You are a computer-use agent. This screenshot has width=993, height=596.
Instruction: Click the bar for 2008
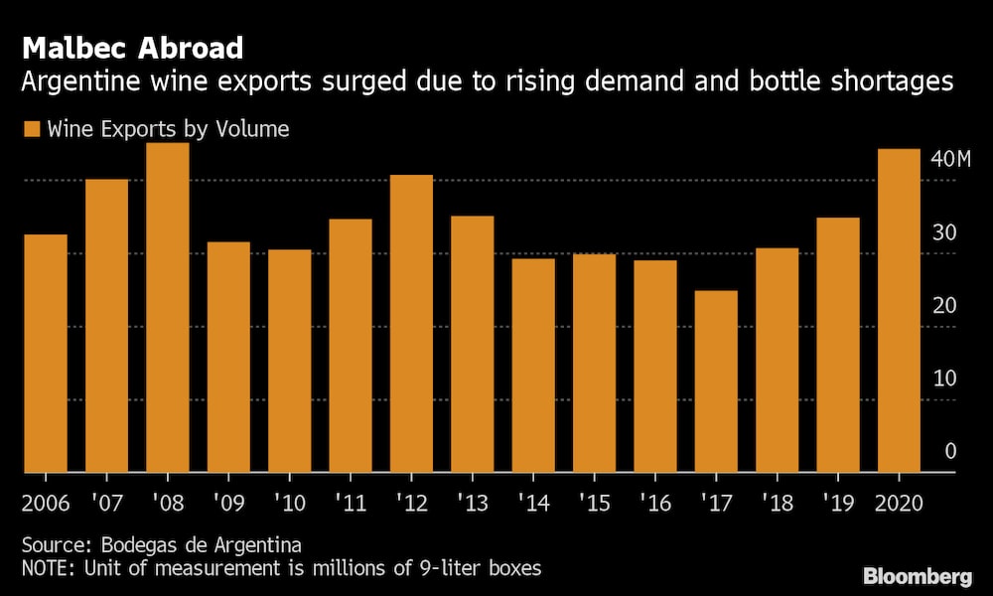coord(168,308)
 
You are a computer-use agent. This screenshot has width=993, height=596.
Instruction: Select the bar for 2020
coord(900,311)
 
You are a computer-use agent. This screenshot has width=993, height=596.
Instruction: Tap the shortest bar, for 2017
coord(716,382)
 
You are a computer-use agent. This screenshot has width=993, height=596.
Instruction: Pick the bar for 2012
coord(411,324)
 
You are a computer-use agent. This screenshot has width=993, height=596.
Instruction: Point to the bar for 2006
coord(46,354)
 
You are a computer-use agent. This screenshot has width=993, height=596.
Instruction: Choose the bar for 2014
coord(533,366)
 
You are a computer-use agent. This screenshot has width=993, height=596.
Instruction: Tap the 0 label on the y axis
coord(950,452)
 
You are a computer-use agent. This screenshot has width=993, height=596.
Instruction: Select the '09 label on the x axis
coord(228,502)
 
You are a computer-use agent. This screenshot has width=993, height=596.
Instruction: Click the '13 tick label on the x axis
coord(473,502)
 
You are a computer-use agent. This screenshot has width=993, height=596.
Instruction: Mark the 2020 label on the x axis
coord(901,502)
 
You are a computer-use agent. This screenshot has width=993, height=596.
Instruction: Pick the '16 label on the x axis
coord(655,502)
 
